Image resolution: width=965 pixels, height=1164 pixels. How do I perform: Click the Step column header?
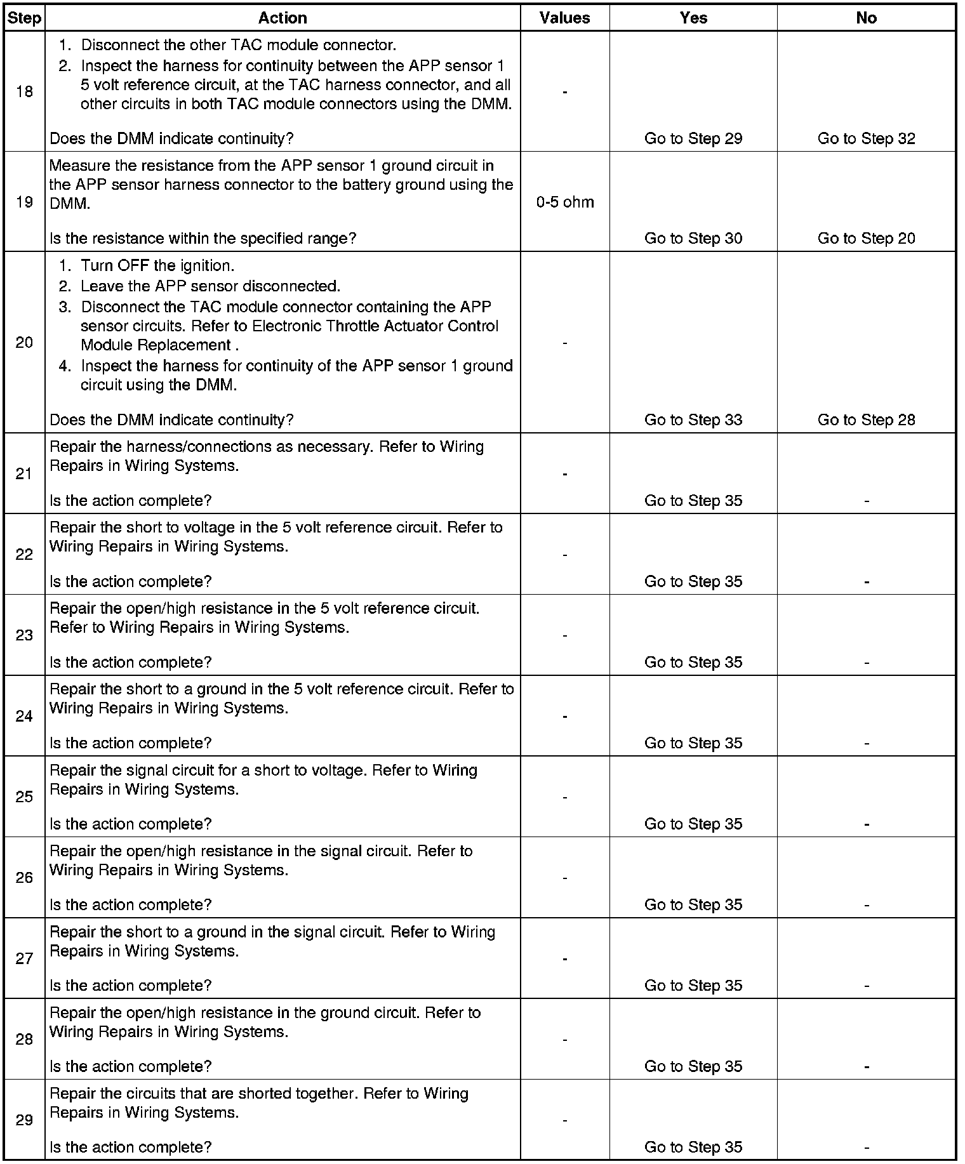[24, 18]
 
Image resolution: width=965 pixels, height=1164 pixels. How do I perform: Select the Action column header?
[283, 18]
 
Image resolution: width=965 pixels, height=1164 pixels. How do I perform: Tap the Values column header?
[564, 18]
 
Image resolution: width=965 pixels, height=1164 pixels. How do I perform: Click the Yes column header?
[693, 18]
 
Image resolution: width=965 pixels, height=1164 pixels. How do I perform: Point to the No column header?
[866, 18]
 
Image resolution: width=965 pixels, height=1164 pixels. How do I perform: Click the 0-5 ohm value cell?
[565, 202]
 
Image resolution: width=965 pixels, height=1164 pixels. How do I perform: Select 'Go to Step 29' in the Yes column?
[693, 138]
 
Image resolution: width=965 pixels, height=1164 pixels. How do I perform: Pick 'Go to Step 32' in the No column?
[866, 138]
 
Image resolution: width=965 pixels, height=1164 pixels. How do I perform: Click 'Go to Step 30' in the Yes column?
[693, 238]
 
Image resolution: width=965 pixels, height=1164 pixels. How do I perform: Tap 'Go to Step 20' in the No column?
[866, 238]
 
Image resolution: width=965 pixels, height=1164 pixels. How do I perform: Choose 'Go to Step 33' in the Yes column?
[693, 420]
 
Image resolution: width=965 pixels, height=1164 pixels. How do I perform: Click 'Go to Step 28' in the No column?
[866, 420]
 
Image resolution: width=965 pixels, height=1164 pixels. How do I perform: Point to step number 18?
[24, 92]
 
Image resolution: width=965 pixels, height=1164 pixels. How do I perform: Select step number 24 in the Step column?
[24, 716]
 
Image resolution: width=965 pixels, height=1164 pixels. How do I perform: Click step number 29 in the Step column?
[24, 1120]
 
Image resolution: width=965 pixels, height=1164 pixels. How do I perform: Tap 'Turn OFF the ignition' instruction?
[157, 266]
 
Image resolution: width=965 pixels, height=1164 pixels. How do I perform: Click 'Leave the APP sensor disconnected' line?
[210, 286]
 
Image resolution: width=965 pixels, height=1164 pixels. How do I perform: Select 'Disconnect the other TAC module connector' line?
[239, 45]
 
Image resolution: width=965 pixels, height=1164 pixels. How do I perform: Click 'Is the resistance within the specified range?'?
[203, 238]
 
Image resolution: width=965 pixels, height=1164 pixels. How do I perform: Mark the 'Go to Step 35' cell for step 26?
[693, 904]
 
